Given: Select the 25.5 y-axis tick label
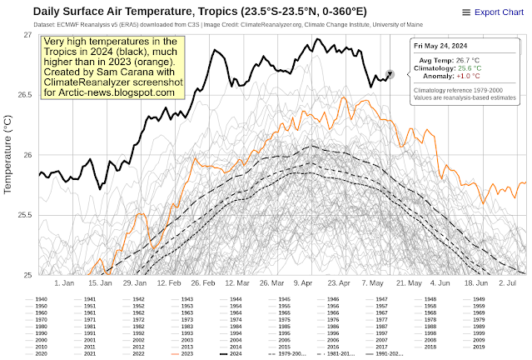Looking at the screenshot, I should pyautogui.click(x=21, y=215).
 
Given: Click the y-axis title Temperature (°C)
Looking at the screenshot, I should pyautogui.click(x=8, y=155).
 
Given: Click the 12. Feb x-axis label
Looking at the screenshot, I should pyautogui.click(x=169, y=283).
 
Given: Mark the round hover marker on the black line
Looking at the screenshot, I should pyautogui.click(x=390, y=75).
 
